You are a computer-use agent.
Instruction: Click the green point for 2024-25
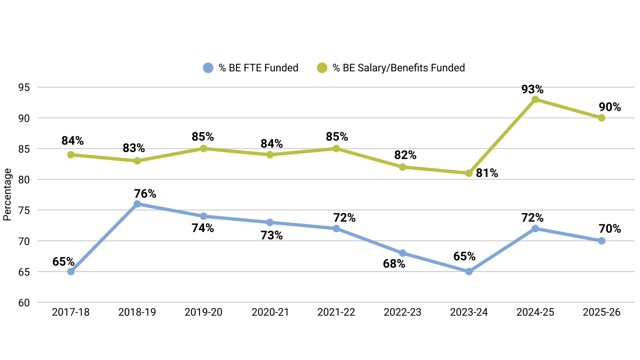point(535,99)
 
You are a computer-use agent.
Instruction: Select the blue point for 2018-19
point(137,204)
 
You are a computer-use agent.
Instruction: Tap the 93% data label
point(532,89)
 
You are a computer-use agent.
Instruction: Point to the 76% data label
point(145,194)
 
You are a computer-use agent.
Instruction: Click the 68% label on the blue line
point(394,264)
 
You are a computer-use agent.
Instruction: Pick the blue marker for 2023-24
point(469,272)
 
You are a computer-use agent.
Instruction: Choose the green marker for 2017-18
point(71,155)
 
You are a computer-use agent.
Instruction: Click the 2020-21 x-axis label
point(270,312)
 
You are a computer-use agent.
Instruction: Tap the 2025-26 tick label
point(601,312)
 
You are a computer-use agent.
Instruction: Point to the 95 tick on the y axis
point(24,88)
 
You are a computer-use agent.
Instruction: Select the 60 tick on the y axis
point(24,303)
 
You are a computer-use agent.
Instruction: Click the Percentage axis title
point(7,195)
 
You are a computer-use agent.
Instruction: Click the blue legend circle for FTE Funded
point(208,68)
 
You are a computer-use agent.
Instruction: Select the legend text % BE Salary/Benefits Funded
point(399,68)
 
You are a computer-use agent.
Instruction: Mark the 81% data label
point(487,173)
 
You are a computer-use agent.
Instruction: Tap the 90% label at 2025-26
point(610,107)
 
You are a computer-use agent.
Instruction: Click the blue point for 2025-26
point(601,241)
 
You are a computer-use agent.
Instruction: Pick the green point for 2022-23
point(402,167)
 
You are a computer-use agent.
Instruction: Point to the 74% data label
point(203,228)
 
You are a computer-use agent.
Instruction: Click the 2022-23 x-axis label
point(402,312)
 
